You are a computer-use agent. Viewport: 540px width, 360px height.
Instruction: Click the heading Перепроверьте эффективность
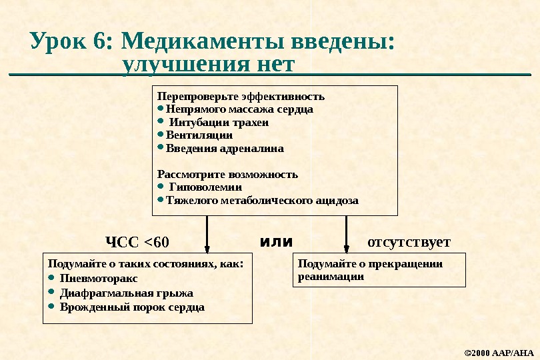(x=241, y=96)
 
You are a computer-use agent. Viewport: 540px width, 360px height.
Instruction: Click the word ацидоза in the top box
(x=336, y=200)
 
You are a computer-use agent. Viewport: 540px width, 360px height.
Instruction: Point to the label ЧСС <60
(x=138, y=241)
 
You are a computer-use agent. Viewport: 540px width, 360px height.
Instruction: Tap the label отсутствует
(x=409, y=241)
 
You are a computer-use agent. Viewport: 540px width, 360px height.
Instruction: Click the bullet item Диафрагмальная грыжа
(x=127, y=293)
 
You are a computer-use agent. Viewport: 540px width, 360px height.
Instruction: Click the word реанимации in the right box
(x=331, y=275)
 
